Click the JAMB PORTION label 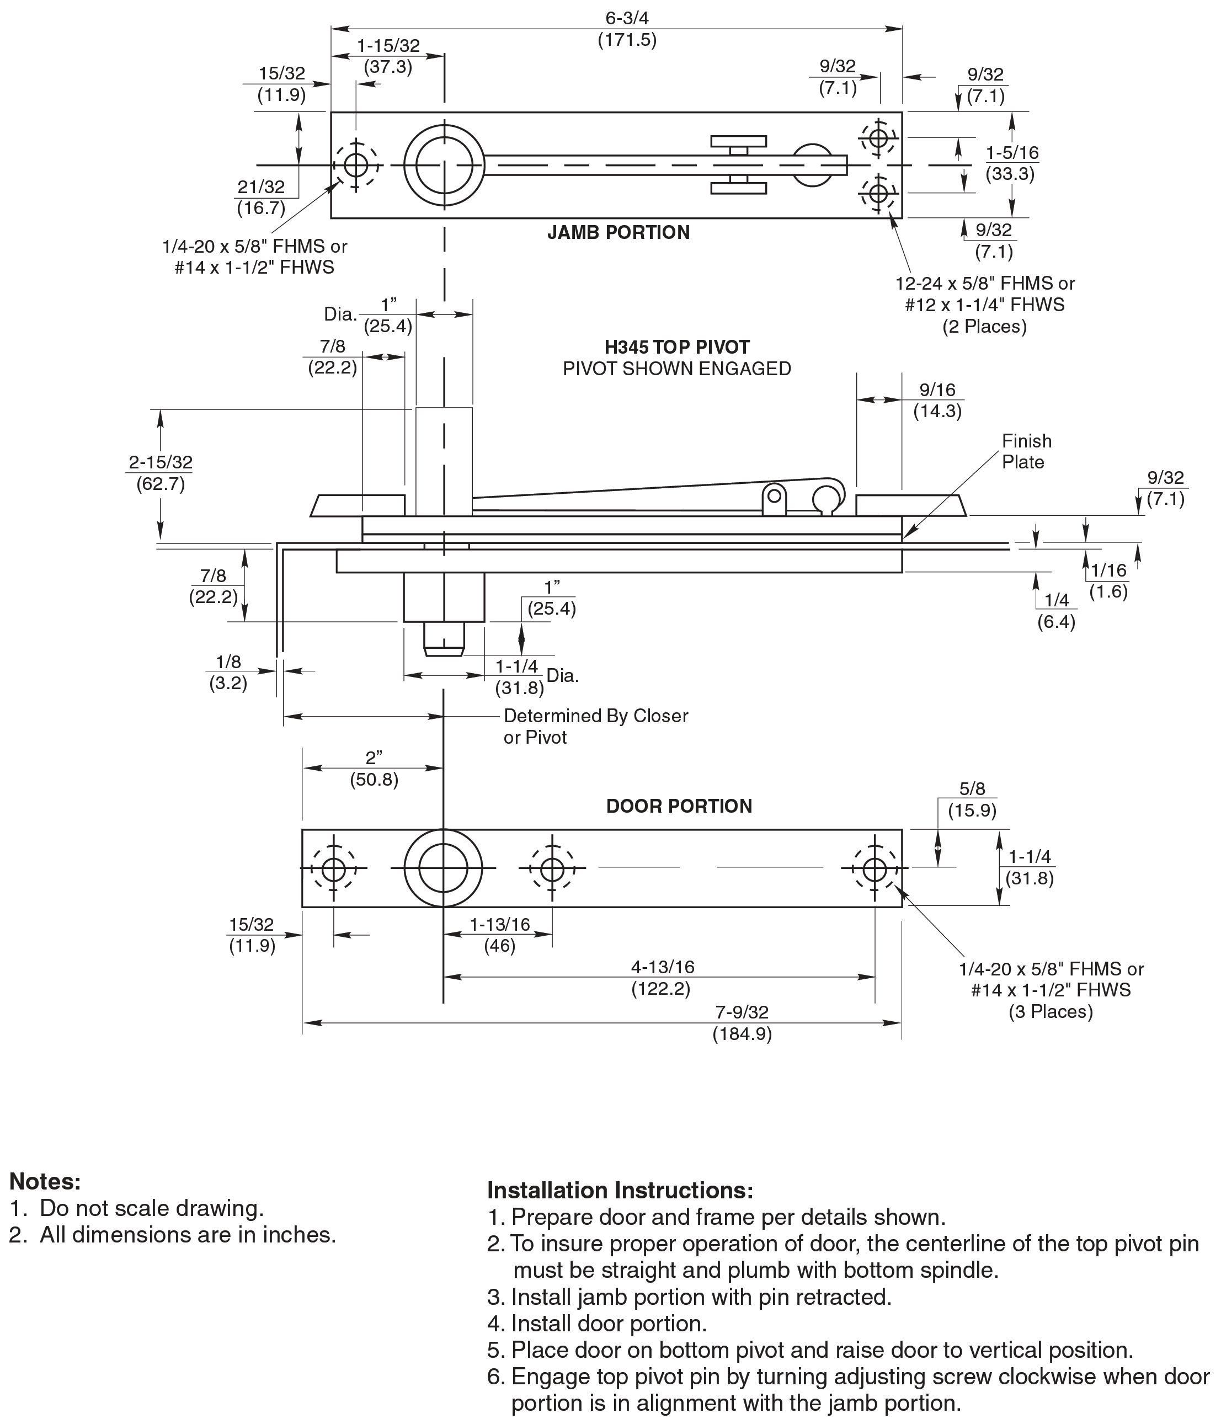618,232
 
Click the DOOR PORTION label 678,806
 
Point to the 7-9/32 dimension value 742,1012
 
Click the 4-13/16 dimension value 663,967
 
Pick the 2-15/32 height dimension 160,462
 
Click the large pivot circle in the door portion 443,868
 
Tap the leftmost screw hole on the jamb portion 355,165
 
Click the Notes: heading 45,1181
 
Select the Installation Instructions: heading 620,1190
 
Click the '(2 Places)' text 984,327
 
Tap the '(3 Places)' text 1050,1012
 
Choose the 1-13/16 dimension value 499,924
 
